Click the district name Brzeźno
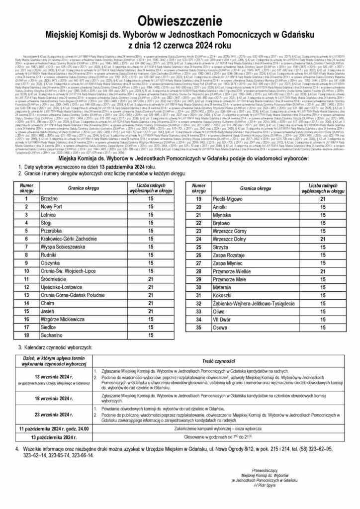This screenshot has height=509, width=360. (x=50, y=198)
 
